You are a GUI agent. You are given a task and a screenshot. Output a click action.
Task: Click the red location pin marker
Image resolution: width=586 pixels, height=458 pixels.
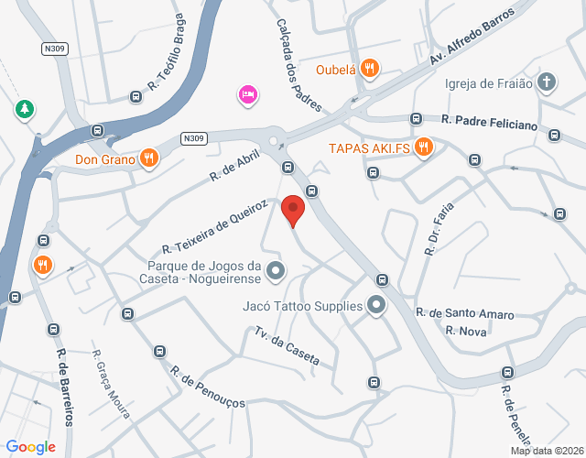(292, 209)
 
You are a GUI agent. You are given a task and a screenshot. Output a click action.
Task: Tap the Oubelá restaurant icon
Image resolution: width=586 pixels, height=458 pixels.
(369, 68)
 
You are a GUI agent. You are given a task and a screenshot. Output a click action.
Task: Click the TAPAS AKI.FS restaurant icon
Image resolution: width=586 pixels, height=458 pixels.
(422, 147)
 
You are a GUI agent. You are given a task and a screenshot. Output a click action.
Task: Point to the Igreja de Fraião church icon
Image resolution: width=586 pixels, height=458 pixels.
(547, 83)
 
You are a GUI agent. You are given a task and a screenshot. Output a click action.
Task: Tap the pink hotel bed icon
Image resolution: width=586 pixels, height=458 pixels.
(246, 94)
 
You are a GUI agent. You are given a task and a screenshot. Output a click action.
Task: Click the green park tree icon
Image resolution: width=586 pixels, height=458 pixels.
(23, 110)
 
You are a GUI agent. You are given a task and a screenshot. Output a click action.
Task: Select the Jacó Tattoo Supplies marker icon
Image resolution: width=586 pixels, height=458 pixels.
(376, 306)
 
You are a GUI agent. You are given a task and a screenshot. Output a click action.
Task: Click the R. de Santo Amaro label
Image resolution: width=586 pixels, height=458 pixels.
(464, 313)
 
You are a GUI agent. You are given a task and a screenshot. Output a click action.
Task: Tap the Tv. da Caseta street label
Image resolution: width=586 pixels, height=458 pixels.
(288, 347)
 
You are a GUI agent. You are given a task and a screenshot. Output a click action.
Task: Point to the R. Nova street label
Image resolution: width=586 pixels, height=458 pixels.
(466, 331)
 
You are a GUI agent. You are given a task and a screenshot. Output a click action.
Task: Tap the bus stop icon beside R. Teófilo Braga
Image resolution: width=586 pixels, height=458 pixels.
(136, 95)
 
